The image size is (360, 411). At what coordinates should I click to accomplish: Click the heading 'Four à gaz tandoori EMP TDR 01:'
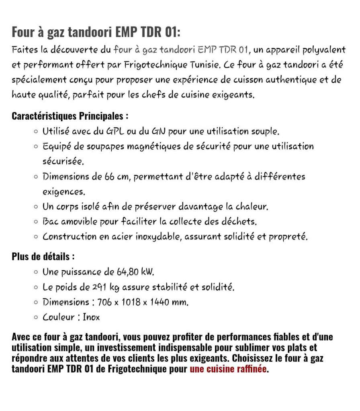[96, 31]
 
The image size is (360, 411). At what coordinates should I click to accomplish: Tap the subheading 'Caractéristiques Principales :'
[70, 116]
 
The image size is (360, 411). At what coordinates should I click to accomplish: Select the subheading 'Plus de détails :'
[43, 256]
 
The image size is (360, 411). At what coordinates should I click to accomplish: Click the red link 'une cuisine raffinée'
[228, 369]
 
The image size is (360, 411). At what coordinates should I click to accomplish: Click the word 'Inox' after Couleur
[91, 317]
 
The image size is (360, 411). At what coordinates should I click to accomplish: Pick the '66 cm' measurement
[117, 177]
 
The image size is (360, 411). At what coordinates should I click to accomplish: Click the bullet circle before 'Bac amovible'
[37, 222]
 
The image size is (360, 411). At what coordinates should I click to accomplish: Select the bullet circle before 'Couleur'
[37, 317]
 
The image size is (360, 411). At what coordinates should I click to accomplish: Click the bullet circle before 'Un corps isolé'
[37, 207]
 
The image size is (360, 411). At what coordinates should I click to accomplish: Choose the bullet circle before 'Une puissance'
[37, 272]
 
